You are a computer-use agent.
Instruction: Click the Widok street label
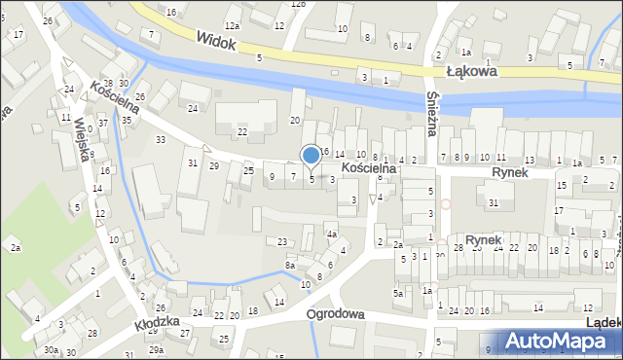point(216,40)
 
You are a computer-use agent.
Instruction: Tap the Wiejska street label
point(84,139)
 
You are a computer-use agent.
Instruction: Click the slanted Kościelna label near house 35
point(114,97)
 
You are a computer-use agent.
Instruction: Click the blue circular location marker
point(311,155)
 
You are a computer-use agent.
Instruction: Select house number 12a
point(232,25)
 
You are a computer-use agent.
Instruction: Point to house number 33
point(161,141)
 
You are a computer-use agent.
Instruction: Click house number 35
point(127,121)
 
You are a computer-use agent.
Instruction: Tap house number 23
point(282,241)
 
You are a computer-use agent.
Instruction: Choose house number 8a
point(290,265)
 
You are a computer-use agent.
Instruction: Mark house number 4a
point(331,234)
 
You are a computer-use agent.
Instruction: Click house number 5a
point(398,293)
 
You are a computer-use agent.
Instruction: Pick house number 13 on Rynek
point(530,159)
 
